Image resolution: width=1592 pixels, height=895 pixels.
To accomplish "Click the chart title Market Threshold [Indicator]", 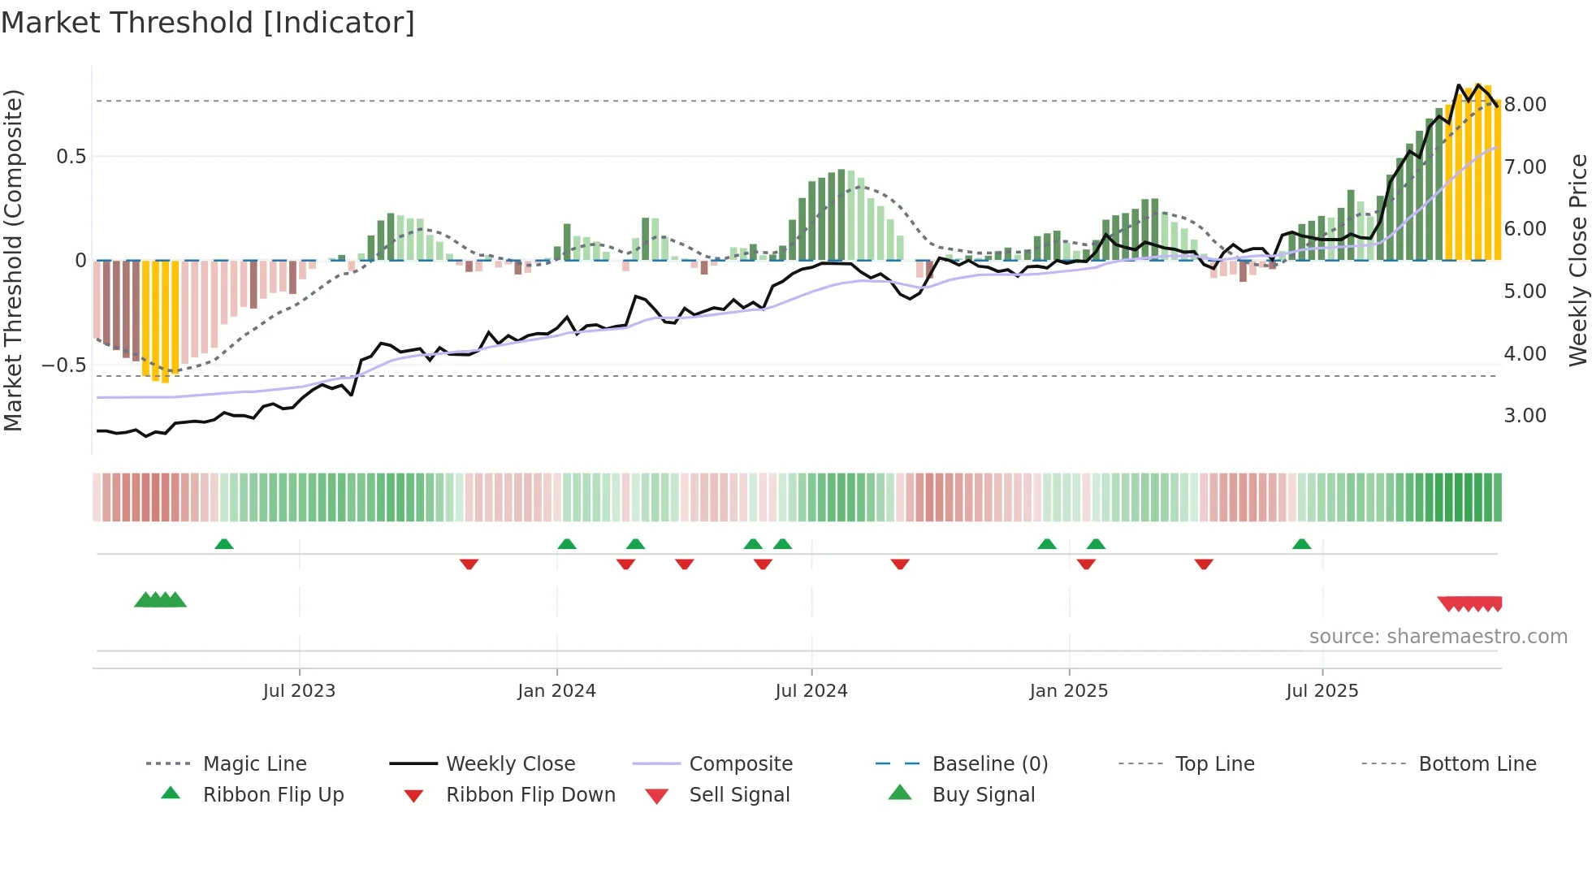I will click(208, 23).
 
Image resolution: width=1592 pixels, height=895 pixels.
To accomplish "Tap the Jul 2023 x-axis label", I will click(299, 691).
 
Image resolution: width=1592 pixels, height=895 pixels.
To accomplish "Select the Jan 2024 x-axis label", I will click(556, 691).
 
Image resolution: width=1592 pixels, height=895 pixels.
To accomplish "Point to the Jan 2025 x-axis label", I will click(1068, 691).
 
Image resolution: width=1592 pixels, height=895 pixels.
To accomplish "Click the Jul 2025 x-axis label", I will click(1322, 691).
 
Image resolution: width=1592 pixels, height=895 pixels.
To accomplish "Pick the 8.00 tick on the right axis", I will click(1525, 105).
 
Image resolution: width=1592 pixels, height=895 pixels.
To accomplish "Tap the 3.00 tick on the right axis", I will click(1525, 416).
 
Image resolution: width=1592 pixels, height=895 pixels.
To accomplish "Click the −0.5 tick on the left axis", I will click(63, 365).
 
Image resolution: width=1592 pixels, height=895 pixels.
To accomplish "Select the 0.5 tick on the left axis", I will click(71, 157).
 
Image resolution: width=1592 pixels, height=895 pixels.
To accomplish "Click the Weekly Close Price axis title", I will click(1577, 260).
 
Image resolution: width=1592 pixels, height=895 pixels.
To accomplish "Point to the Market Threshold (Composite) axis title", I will click(13, 260).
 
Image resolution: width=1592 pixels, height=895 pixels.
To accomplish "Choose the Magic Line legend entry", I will click(254, 764).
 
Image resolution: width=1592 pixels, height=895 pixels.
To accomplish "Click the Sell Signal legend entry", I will click(739, 795).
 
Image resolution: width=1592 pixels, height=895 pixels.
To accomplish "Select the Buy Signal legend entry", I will click(983, 795).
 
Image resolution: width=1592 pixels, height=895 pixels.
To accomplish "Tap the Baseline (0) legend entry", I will click(989, 764).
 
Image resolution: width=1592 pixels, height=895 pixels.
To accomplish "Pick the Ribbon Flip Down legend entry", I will click(530, 795).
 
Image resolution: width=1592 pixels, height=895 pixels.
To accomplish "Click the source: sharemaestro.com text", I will click(1438, 637).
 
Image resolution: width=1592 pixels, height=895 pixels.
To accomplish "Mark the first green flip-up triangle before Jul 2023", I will click(224, 544).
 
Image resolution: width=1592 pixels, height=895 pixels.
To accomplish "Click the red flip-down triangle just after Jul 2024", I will click(899, 564).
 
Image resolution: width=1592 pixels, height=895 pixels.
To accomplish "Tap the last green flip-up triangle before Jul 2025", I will click(1301, 544).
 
